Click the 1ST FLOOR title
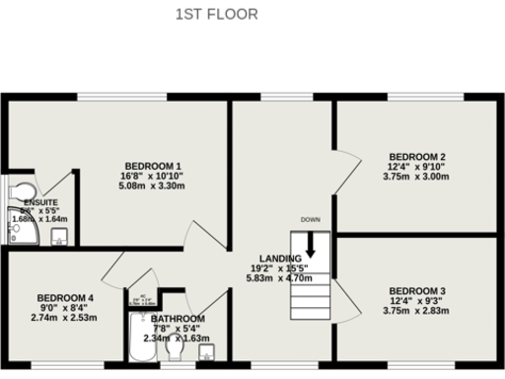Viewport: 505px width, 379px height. pyautogui.click(x=217, y=14)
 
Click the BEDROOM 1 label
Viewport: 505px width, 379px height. pyautogui.click(x=153, y=165)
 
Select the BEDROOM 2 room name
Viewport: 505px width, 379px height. pyautogui.click(x=417, y=157)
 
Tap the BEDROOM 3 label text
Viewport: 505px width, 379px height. pyautogui.click(x=417, y=290)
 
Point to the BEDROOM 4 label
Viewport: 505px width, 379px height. pyautogui.click(x=65, y=298)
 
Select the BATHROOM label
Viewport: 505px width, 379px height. pyautogui.click(x=179, y=319)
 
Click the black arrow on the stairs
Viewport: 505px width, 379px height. pyautogui.click(x=311, y=246)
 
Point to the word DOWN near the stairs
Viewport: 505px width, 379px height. pyautogui.click(x=311, y=219)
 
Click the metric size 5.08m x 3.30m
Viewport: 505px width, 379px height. pyautogui.click(x=153, y=185)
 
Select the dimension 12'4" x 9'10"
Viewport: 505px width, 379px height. pyautogui.click(x=417, y=167)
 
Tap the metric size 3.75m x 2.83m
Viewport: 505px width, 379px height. pyautogui.click(x=417, y=310)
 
